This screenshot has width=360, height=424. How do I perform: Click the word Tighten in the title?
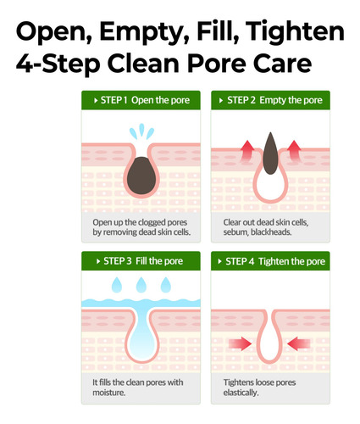point(295,32)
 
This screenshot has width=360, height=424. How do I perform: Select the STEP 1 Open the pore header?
point(141,100)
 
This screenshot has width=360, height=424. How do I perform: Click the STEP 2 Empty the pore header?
point(270,100)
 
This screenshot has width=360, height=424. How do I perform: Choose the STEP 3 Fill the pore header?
point(141,261)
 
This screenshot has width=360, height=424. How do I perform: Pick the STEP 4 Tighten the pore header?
point(270,261)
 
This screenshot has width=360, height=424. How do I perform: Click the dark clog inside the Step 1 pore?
point(141,176)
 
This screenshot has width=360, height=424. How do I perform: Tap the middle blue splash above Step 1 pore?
point(141,130)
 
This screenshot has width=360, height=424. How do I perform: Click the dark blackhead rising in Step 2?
point(270,153)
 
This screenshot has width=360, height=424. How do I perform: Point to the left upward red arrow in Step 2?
point(247,151)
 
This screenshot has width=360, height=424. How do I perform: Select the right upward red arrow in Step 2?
point(295,151)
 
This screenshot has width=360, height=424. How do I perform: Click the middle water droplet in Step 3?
point(141,285)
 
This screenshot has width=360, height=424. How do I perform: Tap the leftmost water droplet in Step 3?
point(117,285)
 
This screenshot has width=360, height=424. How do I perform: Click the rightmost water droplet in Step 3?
point(166,285)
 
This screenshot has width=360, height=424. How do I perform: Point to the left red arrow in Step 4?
point(241,343)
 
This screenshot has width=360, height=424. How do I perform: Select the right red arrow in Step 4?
point(299,343)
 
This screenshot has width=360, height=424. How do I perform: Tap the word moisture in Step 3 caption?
point(109,393)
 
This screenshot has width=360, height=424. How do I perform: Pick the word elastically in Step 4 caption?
point(241,393)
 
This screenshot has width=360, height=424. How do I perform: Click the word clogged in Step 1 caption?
point(152,223)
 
